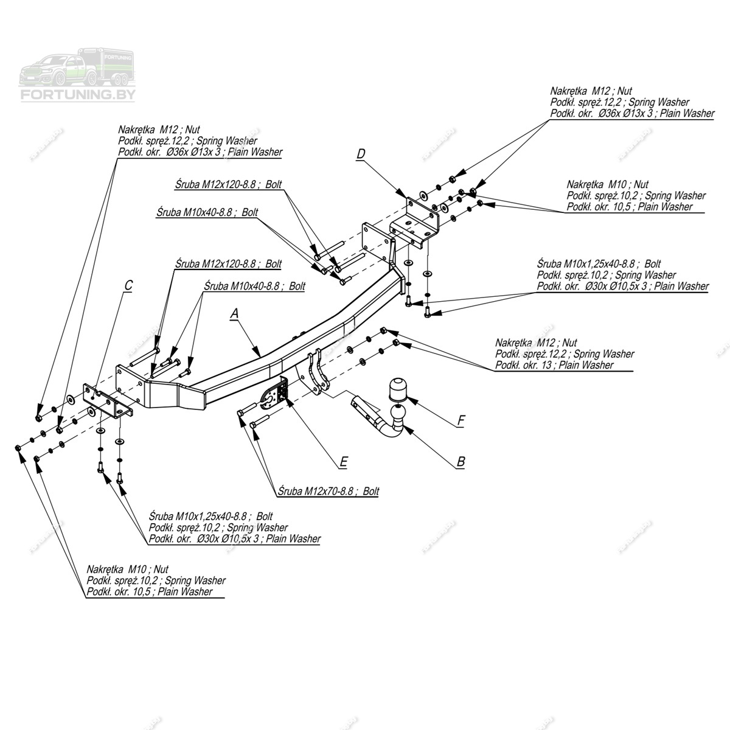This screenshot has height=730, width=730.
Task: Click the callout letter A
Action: pos(235,314)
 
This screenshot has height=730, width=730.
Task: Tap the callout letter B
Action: pos(461,462)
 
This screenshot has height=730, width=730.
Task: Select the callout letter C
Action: pos(128,286)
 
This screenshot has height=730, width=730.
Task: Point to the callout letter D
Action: pos(361,155)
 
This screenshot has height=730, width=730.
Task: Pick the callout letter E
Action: pos(343,463)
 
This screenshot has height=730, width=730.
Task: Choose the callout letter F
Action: pos(461,420)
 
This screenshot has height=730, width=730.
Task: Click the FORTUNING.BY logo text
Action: pos(78,95)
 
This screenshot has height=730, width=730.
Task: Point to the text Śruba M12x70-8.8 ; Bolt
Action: pos(328,491)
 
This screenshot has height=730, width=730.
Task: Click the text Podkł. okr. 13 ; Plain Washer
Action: pos(554,365)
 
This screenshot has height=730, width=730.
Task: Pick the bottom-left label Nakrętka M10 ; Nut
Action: pos(127,569)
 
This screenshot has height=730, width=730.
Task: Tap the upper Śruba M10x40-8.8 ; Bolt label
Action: pos(207,212)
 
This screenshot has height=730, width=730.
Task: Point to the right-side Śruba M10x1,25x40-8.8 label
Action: pos(599,264)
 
